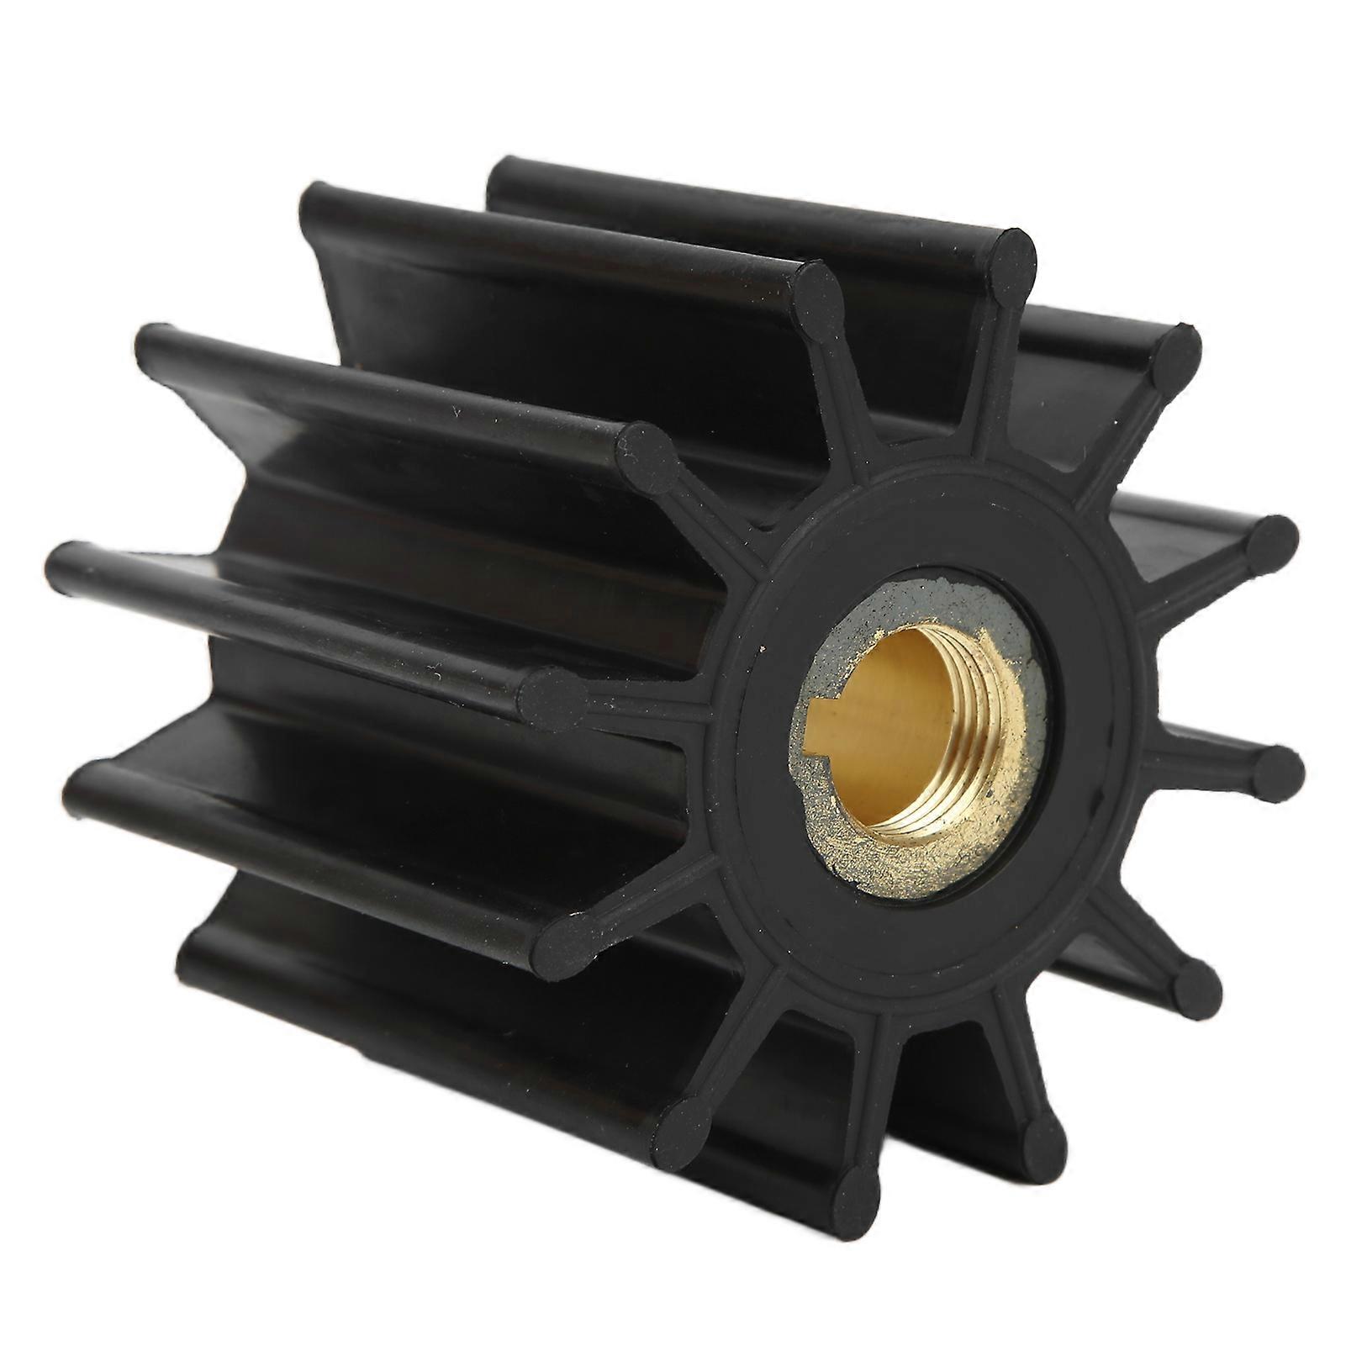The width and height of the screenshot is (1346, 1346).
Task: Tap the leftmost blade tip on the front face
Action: click(554, 695)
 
